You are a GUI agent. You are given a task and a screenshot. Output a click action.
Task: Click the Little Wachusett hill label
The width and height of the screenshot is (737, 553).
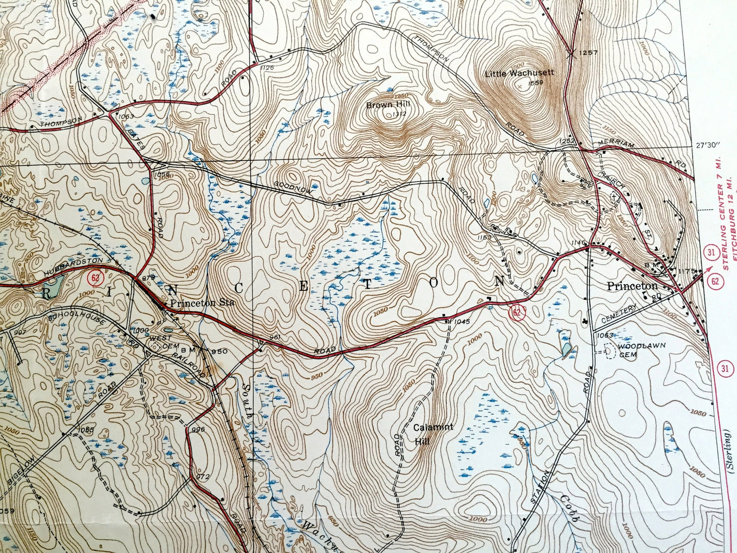click(x=519, y=73)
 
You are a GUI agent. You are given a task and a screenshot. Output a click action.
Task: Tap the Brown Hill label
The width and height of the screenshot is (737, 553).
click(x=388, y=105)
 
